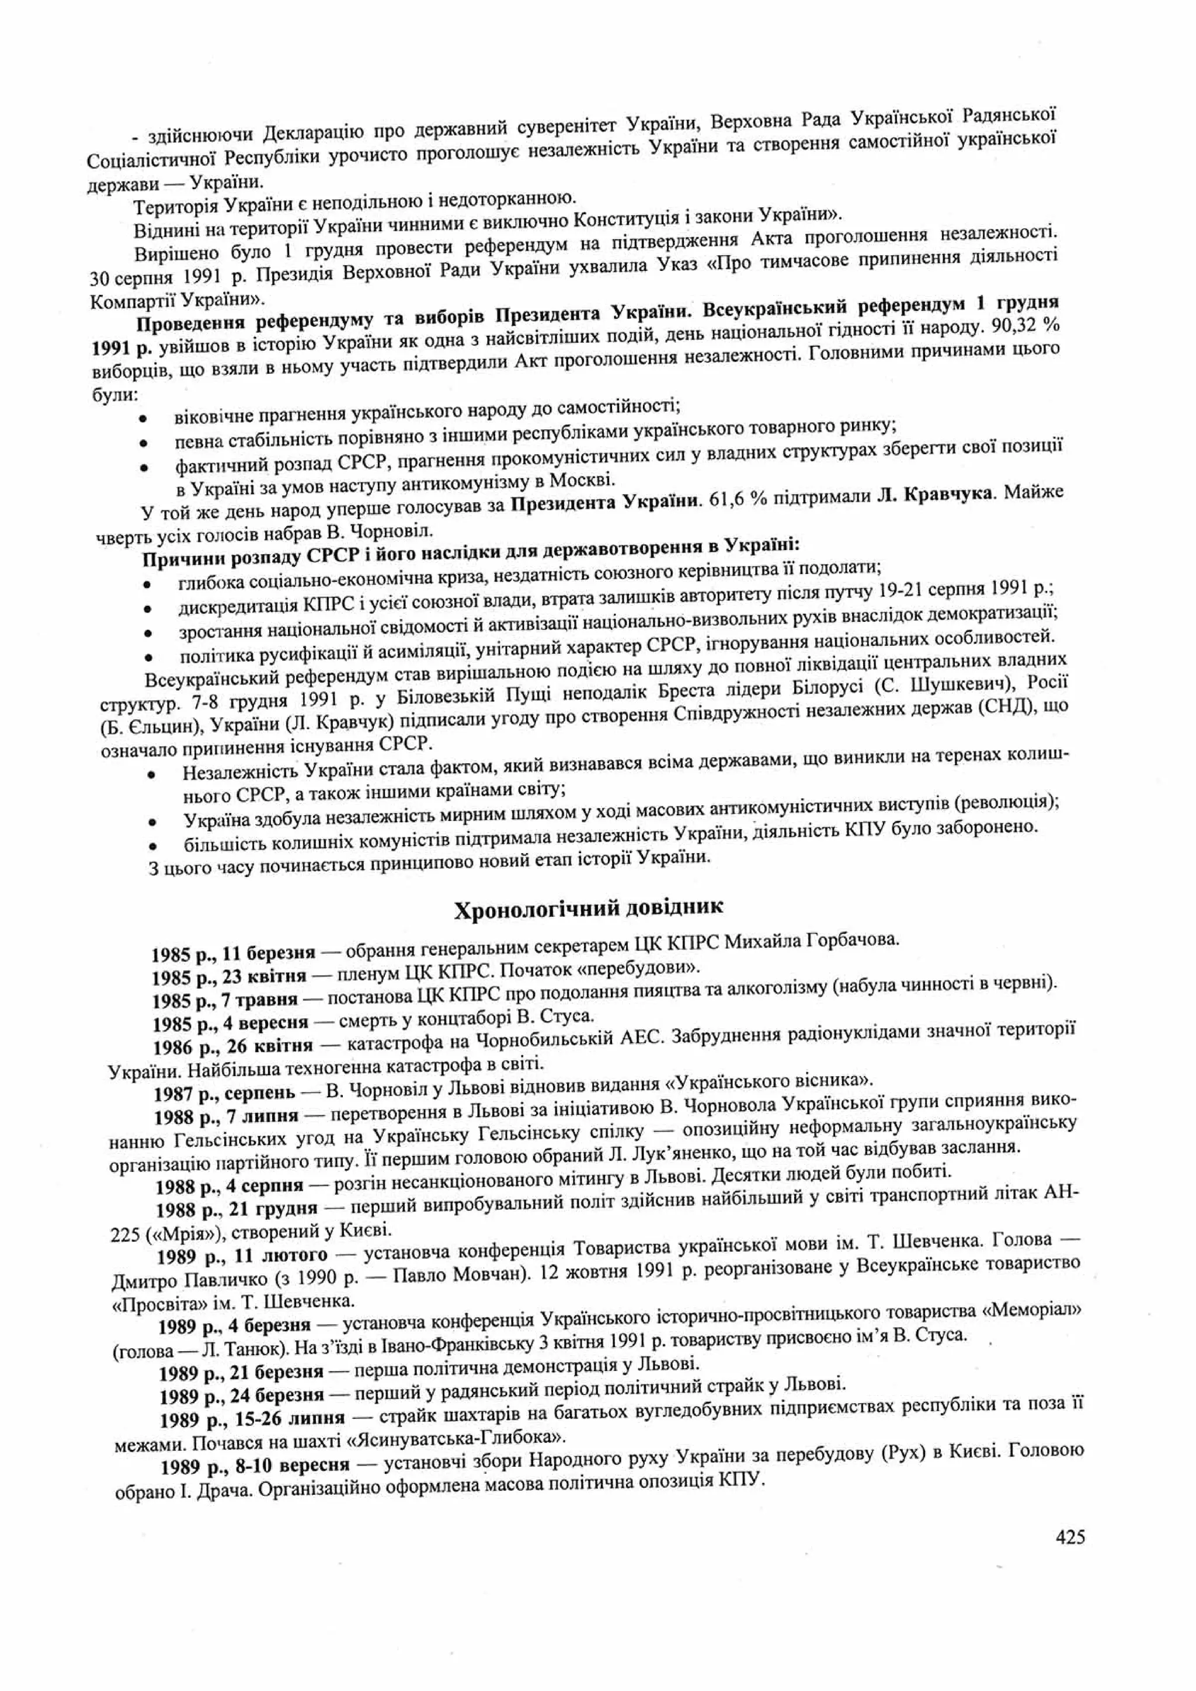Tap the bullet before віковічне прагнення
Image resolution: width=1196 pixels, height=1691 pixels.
click(x=143, y=418)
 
